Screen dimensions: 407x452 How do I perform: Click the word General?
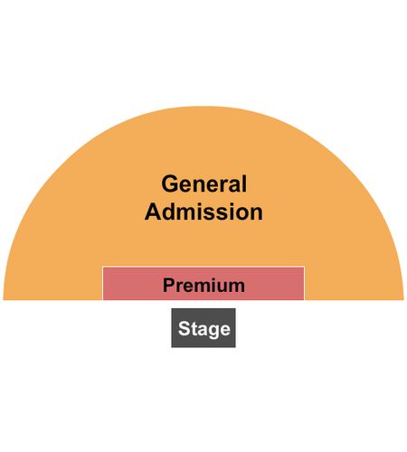tap(204, 184)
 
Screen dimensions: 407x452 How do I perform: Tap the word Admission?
tap(203, 212)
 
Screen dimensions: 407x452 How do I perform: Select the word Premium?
tap(203, 285)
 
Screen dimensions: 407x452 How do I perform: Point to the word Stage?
tap(204, 328)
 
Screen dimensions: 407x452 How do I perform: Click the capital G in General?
tap(170, 184)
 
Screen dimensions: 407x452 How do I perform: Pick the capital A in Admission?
tap(154, 212)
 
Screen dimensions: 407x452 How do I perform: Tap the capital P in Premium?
tap(168, 285)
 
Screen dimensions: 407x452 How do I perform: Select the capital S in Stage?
tap(184, 328)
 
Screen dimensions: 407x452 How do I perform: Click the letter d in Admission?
tap(170, 212)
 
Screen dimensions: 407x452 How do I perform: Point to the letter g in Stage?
tap(214, 331)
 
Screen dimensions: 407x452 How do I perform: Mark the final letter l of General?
tap(244, 184)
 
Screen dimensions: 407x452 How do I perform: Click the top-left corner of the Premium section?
tap(103, 267)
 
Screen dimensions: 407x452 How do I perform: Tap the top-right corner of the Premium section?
tap(304, 267)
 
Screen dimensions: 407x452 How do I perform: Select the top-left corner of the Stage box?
tap(172, 308)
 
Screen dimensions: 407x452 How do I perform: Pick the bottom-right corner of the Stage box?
tap(235, 347)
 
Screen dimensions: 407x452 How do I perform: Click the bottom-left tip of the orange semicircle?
tap(4, 300)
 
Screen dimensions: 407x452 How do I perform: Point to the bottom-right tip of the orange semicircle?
tap(403, 300)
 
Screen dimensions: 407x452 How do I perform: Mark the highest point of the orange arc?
tap(203, 107)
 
